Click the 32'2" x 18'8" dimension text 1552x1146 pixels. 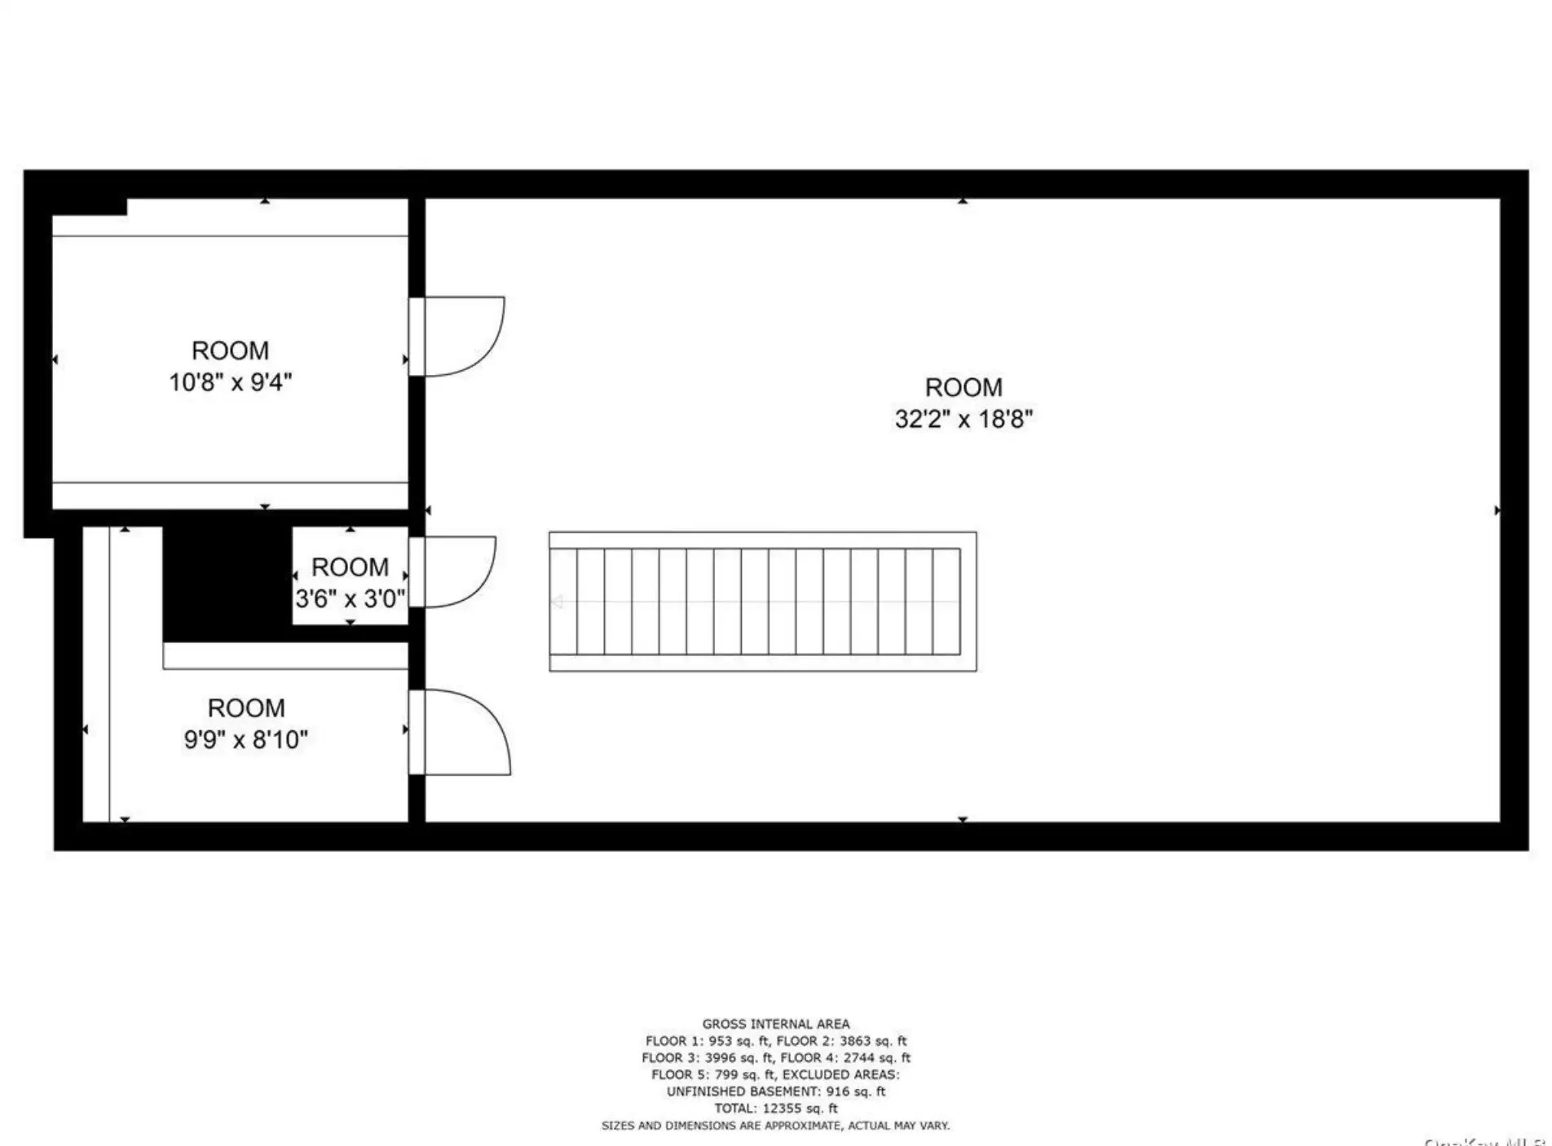pyautogui.click(x=963, y=419)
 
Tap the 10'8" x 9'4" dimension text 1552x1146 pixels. pyautogui.click(x=230, y=381)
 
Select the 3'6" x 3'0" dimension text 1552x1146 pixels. pyautogui.click(x=350, y=598)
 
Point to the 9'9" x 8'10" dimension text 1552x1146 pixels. pyautogui.click(x=245, y=739)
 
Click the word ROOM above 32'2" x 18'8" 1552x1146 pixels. pyautogui.click(x=963, y=387)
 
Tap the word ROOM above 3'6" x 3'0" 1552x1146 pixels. pyautogui.click(x=350, y=567)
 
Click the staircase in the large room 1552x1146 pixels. pyautogui.click(x=762, y=602)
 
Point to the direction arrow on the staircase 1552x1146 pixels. pyautogui.click(x=558, y=602)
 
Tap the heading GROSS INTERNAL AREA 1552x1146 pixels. pyautogui.click(x=775, y=1024)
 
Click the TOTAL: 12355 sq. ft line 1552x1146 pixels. pyautogui.click(x=775, y=1109)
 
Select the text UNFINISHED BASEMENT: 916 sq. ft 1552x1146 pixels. pyautogui.click(x=775, y=1091)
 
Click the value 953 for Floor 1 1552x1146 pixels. pyautogui.click(x=721, y=1041)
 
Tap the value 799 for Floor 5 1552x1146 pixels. pyautogui.click(x=726, y=1075)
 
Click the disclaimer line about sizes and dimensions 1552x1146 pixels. pyautogui.click(x=775, y=1126)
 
